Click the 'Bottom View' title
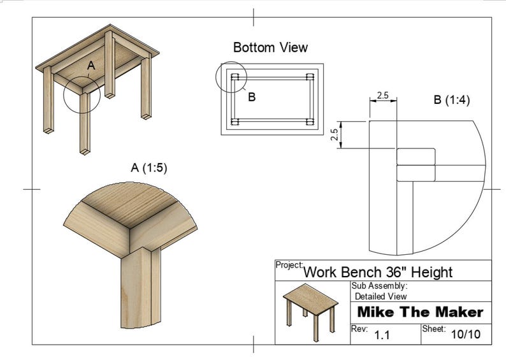[x=270, y=48]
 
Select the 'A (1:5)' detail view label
[x=150, y=168]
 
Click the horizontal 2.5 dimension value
[x=382, y=95]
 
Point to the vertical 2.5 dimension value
[x=334, y=136]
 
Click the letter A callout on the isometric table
[x=90, y=66]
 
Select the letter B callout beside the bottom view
[x=252, y=97]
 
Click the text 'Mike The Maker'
[x=420, y=312]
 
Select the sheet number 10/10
[x=465, y=334]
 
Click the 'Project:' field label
[x=289, y=264]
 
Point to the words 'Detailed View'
[x=380, y=296]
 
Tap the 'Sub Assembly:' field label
[x=379, y=287]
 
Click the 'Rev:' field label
[x=360, y=329]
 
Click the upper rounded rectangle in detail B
[x=416, y=156]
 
